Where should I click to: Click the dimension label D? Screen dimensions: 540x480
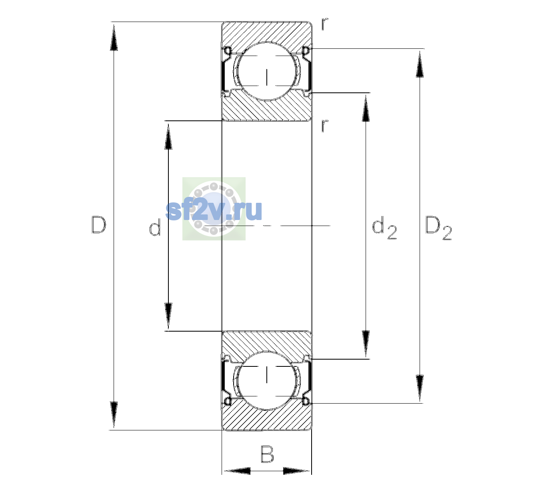pyautogui.click(x=99, y=224)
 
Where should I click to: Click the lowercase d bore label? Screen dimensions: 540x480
pyautogui.click(x=155, y=227)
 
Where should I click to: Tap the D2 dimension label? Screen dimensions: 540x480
pyautogui.click(x=438, y=228)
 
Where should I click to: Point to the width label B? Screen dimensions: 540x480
pyautogui.click(x=267, y=454)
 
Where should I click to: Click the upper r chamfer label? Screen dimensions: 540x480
pyautogui.click(x=325, y=24)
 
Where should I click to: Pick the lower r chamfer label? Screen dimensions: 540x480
pyautogui.click(x=325, y=126)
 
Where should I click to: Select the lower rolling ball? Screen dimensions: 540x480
pyautogui.click(x=266, y=380)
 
